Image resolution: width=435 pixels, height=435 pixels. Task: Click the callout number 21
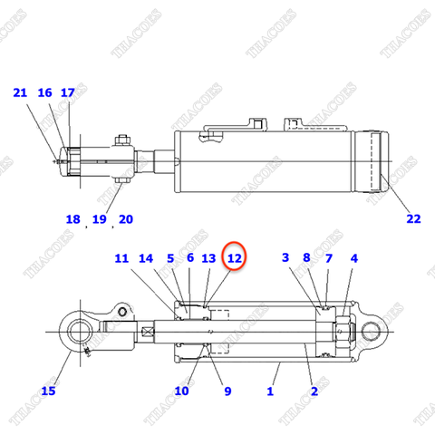[x=20, y=92]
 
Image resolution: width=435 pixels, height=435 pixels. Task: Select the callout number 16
[x=45, y=92]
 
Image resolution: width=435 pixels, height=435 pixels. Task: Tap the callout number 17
[x=68, y=92]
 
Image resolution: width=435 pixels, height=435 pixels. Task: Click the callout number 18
[x=73, y=218]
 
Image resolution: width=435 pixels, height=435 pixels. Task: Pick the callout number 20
[x=125, y=218]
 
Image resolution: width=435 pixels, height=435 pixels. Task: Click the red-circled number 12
[x=235, y=258]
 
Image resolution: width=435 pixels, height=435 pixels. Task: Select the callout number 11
[x=121, y=258]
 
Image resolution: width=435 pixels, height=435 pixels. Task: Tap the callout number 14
[x=147, y=258]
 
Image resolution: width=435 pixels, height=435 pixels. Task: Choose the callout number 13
[x=208, y=258]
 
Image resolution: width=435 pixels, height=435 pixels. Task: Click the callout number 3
[x=285, y=258]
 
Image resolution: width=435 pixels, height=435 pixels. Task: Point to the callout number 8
[x=307, y=258]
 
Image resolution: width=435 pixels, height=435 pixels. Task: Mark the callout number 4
[x=353, y=258]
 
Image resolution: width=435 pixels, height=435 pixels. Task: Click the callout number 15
[x=49, y=391]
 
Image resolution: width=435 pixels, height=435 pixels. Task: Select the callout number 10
[x=181, y=391]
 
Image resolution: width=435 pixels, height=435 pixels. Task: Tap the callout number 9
[x=227, y=391]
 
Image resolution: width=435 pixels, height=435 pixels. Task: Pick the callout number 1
[x=269, y=391]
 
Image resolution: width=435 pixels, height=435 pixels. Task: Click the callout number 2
[x=314, y=391]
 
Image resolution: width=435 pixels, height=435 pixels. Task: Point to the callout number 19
[x=100, y=218]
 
